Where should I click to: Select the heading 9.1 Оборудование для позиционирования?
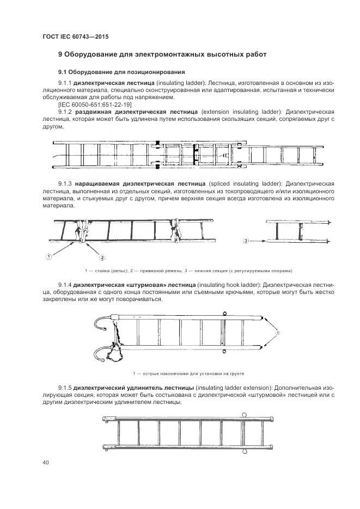tap(121, 72)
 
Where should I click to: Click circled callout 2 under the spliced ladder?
tap(101, 256)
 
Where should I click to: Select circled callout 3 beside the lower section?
tap(246, 240)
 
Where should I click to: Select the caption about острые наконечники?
tap(188, 374)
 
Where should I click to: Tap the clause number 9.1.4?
tap(65, 285)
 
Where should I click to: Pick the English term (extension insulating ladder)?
tap(234, 111)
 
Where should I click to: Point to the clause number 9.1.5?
tap(65, 387)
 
